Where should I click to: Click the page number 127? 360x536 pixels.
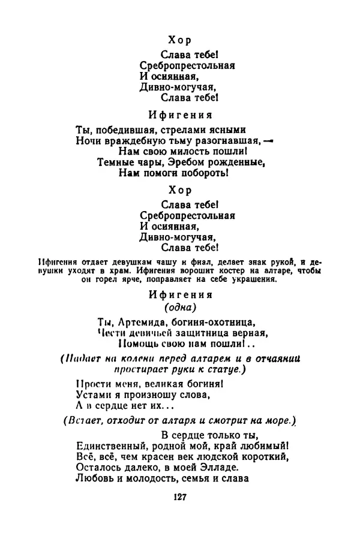coord(180,496)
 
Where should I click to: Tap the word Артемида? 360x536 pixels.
coord(140,321)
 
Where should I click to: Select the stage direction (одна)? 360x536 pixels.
coord(179,308)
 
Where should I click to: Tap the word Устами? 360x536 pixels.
coord(94,395)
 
